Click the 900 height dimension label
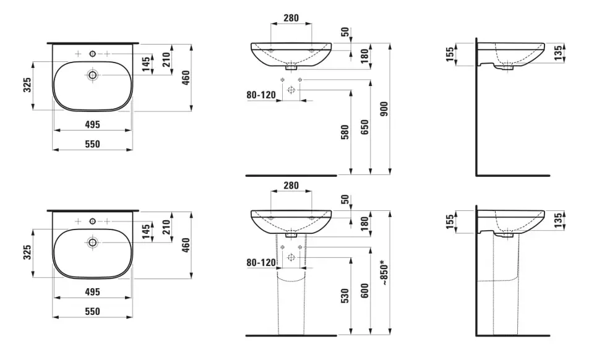pyautogui.click(x=384, y=109)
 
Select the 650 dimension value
pyautogui.click(x=364, y=127)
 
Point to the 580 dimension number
pyautogui.click(x=345, y=132)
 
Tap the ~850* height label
pyautogui.click(x=384, y=272)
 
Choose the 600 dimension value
pyautogui.click(x=364, y=291)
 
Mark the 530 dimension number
pyautogui.click(x=345, y=296)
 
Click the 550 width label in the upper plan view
pyautogui.click(x=92, y=144)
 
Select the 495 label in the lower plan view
pyautogui.click(x=92, y=292)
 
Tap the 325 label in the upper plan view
pyautogui.click(x=27, y=85)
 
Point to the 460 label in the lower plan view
pyautogui.click(x=186, y=245)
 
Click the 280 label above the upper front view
pyautogui.click(x=291, y=18)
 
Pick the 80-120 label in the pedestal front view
pyautogui.click(x=261, y=262)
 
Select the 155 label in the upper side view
pyautogui.click(x=450, y=54)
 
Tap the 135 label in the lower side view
pyautogui.click(x=558, y=221)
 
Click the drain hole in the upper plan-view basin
pyautogui.click(x=92, y=75)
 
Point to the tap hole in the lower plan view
pyautogui.click(x=92, y=221)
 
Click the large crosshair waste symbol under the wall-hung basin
pyautogui.click(x=291, y=90)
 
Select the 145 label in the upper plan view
pyautogui.click(x=146, y=64)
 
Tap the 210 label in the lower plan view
pyautogui.click(x=166, y=227)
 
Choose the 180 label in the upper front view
pyautogui.click(x=364, y=56)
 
